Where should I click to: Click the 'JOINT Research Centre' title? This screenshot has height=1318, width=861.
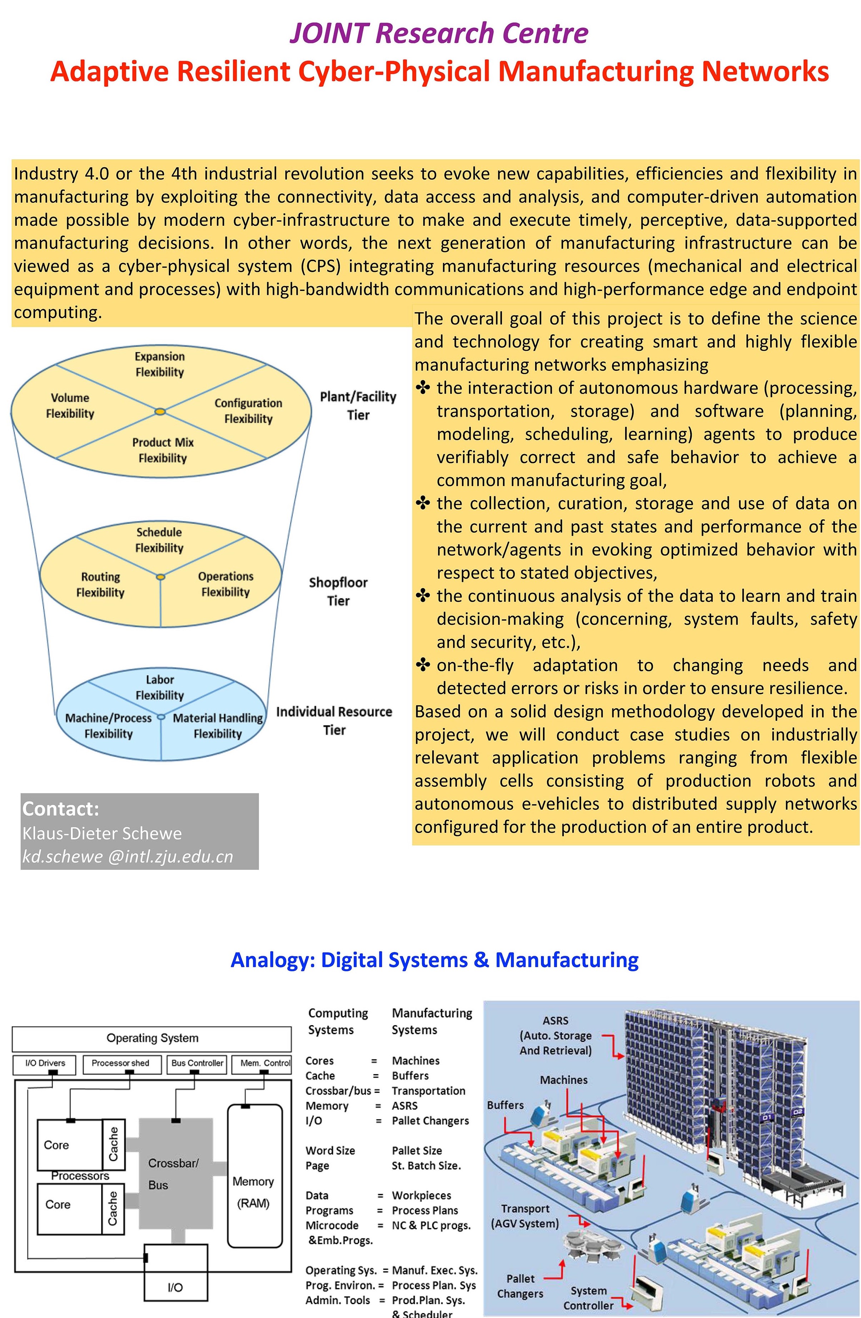tap(438, 33)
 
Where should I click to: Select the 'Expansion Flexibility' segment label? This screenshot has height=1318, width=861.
tap(160, 364)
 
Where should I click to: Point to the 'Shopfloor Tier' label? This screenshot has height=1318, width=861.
tap(338, 591)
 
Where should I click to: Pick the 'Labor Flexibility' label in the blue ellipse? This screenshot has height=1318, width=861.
tap(160, 687)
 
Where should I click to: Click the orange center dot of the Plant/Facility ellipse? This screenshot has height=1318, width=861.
tap(160, 411)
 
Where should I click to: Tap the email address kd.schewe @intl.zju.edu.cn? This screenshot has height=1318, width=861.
tap(128, 856)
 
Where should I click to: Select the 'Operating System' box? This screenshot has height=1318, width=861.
tap(152, 1038)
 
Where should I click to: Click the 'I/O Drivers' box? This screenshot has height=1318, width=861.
tap(45, 1063)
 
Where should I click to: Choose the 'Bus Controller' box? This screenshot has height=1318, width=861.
tap(197, 1063)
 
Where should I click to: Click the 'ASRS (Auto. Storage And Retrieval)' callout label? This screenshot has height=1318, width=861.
tap(555, 1035)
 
